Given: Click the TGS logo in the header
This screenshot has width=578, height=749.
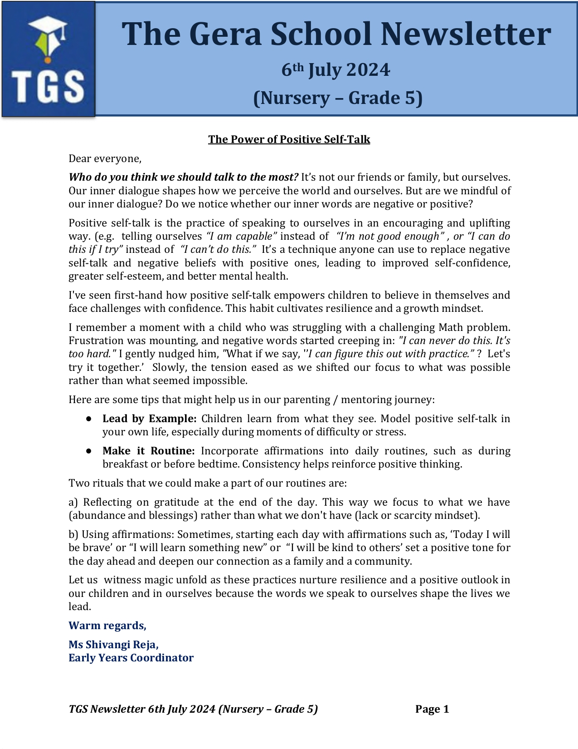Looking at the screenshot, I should point(48,59).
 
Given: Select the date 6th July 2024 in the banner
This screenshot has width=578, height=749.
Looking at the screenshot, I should point(335,70).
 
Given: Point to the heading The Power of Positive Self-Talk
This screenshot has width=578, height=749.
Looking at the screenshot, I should point(289,139).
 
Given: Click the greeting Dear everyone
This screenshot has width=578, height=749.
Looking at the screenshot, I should point(105,158).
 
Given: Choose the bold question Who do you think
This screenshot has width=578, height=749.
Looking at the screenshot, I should point(183,177).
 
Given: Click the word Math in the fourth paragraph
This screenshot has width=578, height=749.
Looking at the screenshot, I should point(451,327).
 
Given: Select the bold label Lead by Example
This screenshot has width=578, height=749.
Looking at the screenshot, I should point(149,419).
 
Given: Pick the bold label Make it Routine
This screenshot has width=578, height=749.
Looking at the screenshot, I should point(148,451).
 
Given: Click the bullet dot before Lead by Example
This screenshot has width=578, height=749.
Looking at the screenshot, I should point(89,419).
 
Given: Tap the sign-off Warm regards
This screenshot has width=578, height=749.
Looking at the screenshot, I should point(107,626).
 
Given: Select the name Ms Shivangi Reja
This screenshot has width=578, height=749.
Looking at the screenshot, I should point(113,645).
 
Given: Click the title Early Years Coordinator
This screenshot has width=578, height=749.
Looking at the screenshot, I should point(131,658).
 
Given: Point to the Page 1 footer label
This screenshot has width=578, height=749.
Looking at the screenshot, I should point(432,709).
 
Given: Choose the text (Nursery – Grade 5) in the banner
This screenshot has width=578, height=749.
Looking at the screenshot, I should point(337,98).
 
